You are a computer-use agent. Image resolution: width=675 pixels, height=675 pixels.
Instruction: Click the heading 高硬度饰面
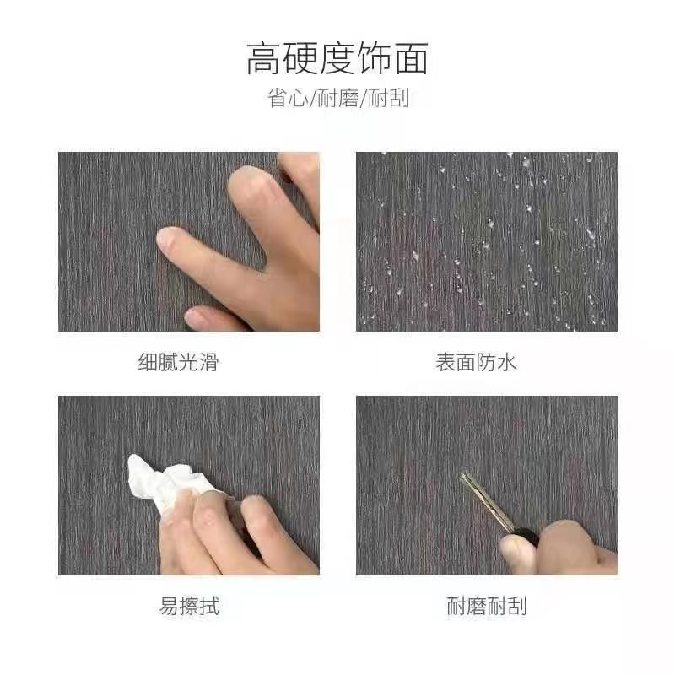coord(337,59)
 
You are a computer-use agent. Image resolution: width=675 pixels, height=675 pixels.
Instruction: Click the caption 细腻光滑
coord(178,363)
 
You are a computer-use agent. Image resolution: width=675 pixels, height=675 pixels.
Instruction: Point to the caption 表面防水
coord(476,363)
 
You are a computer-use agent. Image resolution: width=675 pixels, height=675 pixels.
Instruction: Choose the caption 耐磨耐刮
coord(487,606)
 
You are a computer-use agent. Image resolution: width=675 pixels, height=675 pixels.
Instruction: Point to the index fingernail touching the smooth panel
coord(168,238)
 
